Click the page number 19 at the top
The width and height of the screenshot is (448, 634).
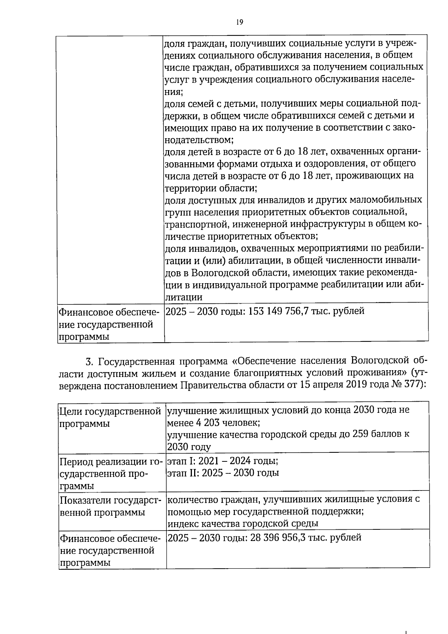(240, 22)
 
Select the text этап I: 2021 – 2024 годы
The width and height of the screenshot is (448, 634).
(223, 460)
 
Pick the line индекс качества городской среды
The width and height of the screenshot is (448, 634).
(243, 524)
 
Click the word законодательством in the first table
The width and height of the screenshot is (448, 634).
(199, 140)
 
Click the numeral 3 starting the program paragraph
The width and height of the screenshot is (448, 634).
(88, 362)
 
